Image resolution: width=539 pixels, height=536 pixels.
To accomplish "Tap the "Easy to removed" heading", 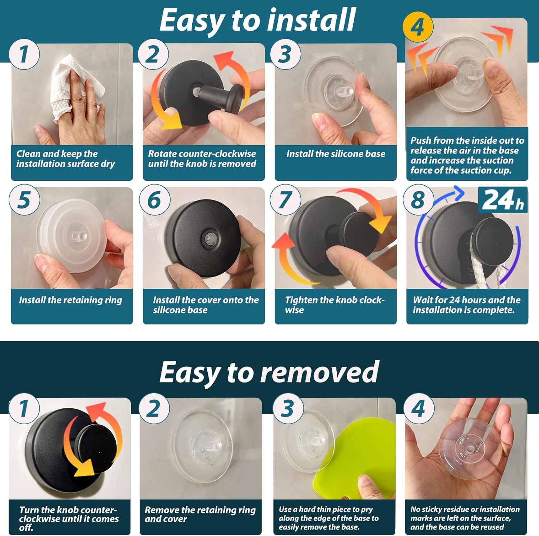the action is pyautogui.click(x=269, y=373).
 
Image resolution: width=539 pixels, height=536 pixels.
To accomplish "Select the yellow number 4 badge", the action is pyautogui.click(x=418, y=27).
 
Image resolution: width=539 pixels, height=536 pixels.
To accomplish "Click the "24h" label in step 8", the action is pyautogui.click(x=503, y=200).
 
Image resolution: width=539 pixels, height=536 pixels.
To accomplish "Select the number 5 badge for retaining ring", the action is pyautogui.click(x=24, y=200).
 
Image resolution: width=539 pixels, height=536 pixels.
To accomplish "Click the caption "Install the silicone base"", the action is pyautogui.click(x=336, y=154).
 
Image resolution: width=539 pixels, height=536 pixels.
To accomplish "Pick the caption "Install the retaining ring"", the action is pyautogui.click(x=70, y=300).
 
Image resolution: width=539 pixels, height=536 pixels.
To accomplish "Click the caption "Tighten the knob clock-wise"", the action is pyautogui.click(x=335, y=305).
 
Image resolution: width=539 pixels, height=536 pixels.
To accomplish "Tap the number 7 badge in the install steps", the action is pyautogui.click(x=285, y=200).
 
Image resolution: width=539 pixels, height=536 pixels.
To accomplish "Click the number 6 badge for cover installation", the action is pyautogui.click(x=154, y=200).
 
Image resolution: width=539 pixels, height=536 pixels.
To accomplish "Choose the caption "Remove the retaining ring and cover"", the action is pyautogui.click(x=200, y=514).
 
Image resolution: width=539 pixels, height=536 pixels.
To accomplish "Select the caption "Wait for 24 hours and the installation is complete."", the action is pyautogui.click(x=466, y=305).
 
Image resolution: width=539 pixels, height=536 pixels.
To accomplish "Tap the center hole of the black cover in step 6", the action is pyautogui.click(x=209, y=238).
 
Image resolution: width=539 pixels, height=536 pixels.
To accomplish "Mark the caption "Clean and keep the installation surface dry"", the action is pyautogui.click(x=65, y=159).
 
